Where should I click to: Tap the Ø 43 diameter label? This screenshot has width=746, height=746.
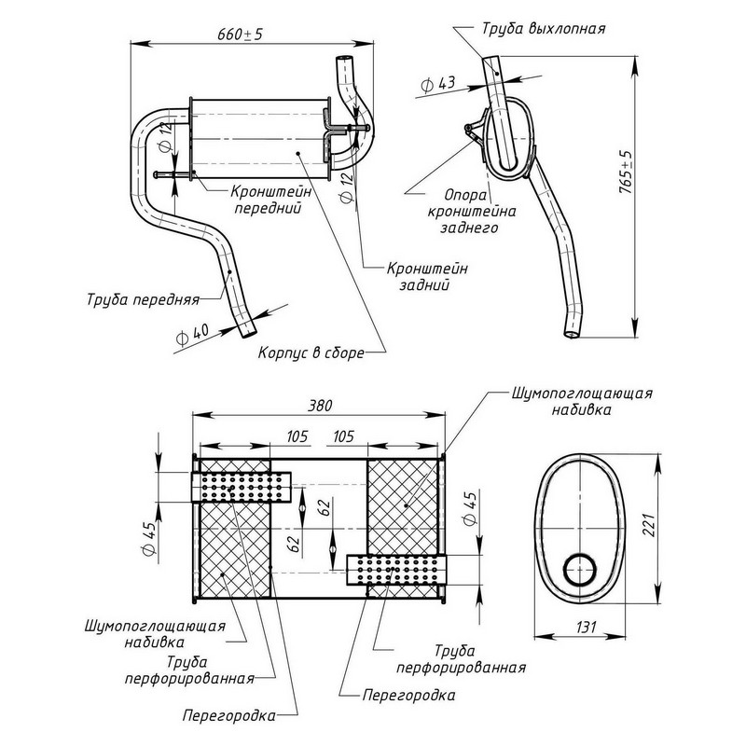438,84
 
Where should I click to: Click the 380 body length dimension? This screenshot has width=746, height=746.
317,406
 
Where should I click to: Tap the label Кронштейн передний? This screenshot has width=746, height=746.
267,199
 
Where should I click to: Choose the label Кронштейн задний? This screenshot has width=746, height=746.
426,276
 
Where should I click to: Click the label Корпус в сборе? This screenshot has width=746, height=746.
311,352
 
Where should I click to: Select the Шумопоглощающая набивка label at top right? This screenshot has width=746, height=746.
582,400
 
